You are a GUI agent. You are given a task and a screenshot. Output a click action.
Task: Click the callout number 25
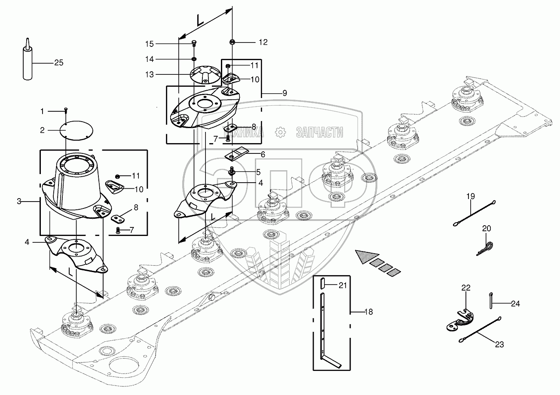tap(59, 63)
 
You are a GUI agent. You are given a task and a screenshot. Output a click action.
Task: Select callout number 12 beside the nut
tap(263, 42)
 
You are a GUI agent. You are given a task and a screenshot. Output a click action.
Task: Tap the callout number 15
tap(149, 44)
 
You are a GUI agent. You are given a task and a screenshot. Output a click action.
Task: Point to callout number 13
tap(149, 75)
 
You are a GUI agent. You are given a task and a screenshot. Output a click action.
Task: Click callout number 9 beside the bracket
tap(285, 92)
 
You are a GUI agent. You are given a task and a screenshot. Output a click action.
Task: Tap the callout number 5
tap(258, 172)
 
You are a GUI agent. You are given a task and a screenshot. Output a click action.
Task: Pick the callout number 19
tap(471, 196)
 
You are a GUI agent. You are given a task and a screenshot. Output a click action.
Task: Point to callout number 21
tap(342, 285)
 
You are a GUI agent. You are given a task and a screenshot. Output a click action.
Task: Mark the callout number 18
tap(368, 312)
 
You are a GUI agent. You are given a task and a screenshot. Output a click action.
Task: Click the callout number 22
tap(466, 288)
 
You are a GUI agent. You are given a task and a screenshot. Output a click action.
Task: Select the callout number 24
tap(516, 303)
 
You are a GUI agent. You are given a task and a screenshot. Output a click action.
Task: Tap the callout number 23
tap(499, 344)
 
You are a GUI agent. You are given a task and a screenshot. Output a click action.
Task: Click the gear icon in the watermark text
tap(280, 132)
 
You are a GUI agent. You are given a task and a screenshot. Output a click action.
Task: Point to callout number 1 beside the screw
tap(42, 111)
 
